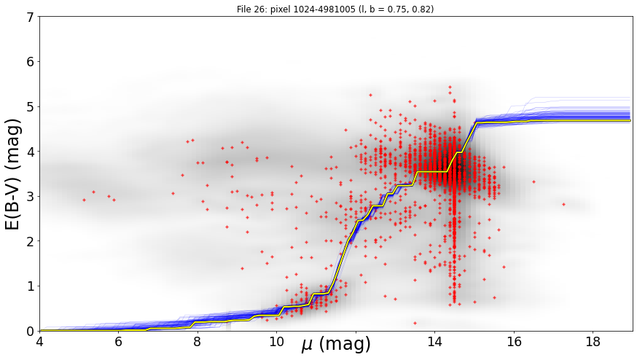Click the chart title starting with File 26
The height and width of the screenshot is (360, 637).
point(335,9)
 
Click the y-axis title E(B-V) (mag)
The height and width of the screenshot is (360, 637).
point(13,174)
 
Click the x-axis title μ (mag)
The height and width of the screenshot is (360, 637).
point(336,344)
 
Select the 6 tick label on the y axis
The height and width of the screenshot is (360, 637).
point(32,62)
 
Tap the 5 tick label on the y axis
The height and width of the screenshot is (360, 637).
point(32,106)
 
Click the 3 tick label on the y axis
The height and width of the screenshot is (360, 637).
point(32,196)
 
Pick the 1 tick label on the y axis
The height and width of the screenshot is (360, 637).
point(32,286)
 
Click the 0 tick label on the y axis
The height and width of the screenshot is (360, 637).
point(32,331)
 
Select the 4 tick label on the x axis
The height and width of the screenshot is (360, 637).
point(39,342)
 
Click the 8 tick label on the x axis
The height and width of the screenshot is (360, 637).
point(198,342)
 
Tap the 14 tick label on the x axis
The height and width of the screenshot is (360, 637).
point(434,342)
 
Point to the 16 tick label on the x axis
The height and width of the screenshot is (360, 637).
point(514,342)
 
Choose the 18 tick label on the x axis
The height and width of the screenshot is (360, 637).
point(593,342)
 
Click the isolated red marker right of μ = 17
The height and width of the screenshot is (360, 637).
point(563,204)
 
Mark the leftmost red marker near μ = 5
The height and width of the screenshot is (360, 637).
point(84,200)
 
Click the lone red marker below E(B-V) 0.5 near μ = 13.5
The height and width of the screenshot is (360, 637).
point(415,323)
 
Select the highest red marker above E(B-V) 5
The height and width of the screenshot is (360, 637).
point(450,87)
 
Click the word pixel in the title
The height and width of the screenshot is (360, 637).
point(280,9)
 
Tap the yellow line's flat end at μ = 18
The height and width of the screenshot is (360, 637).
point(630,121)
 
